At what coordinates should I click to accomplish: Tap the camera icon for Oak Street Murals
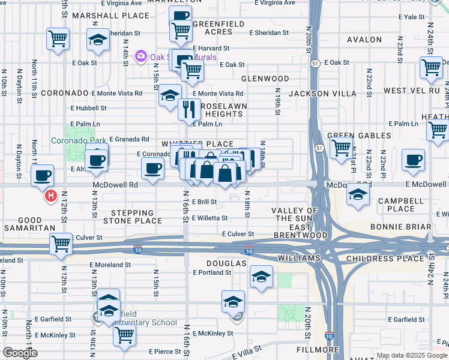142,57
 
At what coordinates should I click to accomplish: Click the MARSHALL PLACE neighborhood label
110,15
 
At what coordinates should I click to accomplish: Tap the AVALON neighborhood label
364,40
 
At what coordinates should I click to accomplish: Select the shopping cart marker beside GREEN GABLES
341,146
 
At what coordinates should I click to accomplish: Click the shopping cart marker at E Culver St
61,244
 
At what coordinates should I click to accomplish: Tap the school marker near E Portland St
261,276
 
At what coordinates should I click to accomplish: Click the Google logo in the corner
20,353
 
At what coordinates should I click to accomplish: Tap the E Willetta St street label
209,218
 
